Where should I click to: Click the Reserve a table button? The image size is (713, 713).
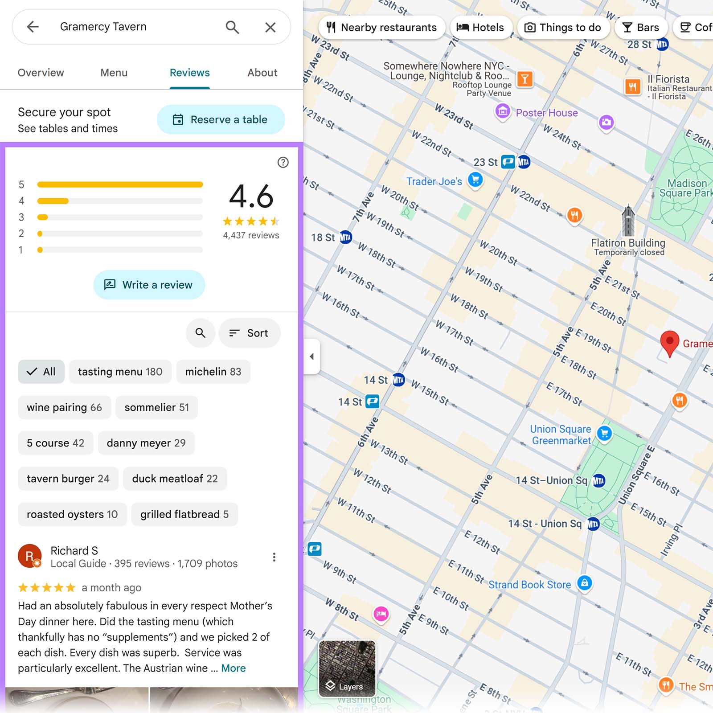pyautogui.click(x=221, y=119)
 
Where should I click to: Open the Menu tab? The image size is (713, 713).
pyautogui.click(x=114, y=73)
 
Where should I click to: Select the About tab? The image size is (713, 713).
pyautogui.click(x=262, y=73)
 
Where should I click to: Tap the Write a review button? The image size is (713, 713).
pyautogui.click(x=149, y=285)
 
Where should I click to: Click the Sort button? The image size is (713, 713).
pyautogui.click(x=249, y=333)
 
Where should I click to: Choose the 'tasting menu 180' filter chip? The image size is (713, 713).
pyautogui.click(x=120, y=372)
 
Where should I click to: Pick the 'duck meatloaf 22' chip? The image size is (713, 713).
pyautogui.click(x=175, y=479)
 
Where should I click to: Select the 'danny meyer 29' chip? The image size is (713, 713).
pyautogui.click(x=146, y=443)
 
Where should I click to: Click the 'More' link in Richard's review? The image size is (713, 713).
pyautogui.click(x=234, y=668)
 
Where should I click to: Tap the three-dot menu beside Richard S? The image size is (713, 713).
pyautogui.click(x=274, y=557)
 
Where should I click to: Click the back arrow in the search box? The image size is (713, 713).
pyautogui.click(x=33, y=27)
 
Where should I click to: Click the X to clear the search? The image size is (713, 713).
pyautogui.click(x=270, y=27)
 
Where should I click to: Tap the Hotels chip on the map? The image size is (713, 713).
pyautogui.click(x=480, y=28)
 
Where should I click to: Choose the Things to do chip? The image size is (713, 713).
pyautogui.click(x=562, y=28)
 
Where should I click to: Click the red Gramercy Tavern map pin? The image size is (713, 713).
pyautogui.click(x=669, y=342)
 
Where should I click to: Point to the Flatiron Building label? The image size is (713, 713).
pyautogui.click(x=628, y=243)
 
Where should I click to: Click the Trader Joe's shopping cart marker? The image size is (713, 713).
pyautogui.click(x=475, y=180)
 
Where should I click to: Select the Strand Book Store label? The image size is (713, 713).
pyautogui.click(x=529, y=585)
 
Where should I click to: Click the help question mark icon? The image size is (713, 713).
pyautogui.click(x=283, y=162)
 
